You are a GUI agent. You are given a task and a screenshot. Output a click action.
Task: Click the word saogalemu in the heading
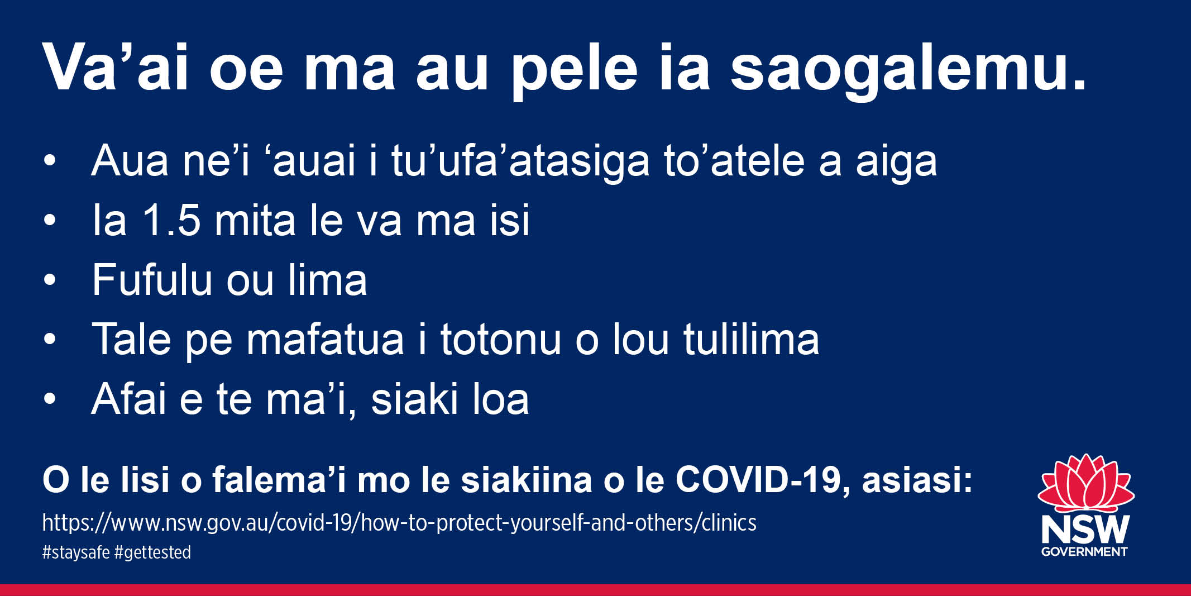click(908, 70)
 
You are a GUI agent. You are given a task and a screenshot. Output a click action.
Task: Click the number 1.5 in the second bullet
click(171, 220)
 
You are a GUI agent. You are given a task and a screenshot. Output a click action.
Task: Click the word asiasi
click(917, 480)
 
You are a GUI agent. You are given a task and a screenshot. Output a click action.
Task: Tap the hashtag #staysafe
click(76, 552)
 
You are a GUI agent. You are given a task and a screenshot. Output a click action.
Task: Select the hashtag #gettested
click(152, 552)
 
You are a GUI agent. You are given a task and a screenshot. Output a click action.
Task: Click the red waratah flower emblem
click(1085, 483)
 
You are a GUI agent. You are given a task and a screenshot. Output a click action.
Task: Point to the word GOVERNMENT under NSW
click(1084, 552)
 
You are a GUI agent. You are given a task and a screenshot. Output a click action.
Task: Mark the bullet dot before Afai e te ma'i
click(50, 399)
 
